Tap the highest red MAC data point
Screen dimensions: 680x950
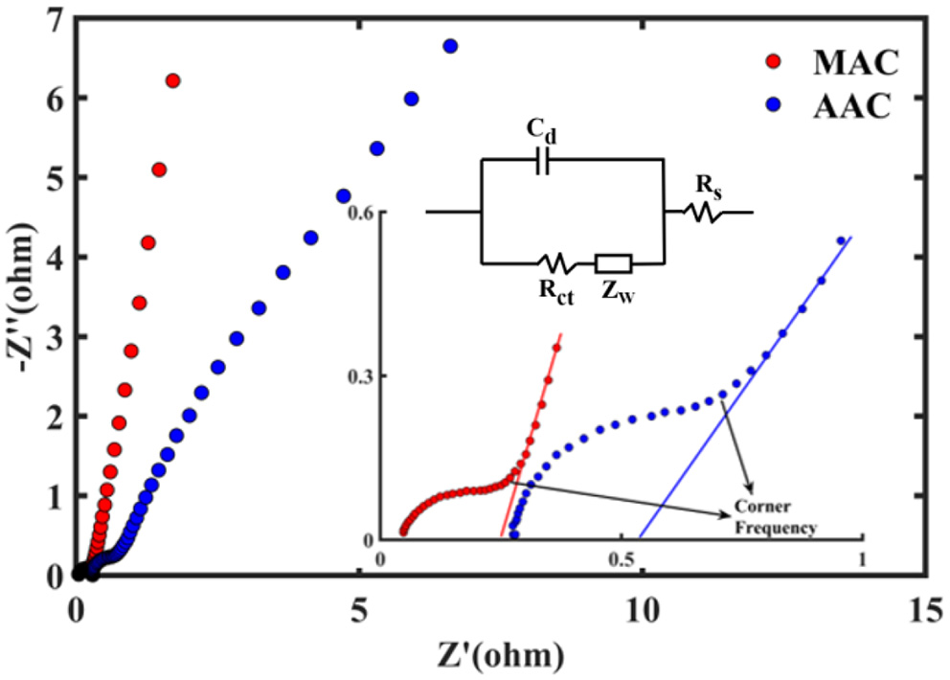pyautogui.click(x=172, y=80)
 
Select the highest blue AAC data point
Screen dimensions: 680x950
pyautogui.click(x=450, y=46)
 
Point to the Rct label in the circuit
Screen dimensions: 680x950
pyautogui.click(x=555, y=291)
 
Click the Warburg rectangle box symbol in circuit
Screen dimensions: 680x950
pyautogui.click(x=612, y=262)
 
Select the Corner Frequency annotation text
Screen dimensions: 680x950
pyautogui.click(x=775, y=517)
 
